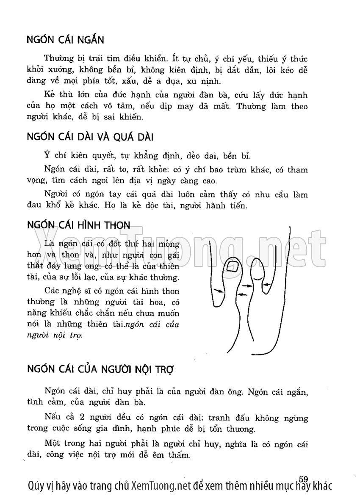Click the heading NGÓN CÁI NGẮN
(65, 40)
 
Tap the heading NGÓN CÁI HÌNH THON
(78, 224)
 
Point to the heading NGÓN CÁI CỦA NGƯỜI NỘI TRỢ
(100, 368)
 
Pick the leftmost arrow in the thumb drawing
(219, 291)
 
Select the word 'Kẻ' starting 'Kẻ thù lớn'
(49, 94)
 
